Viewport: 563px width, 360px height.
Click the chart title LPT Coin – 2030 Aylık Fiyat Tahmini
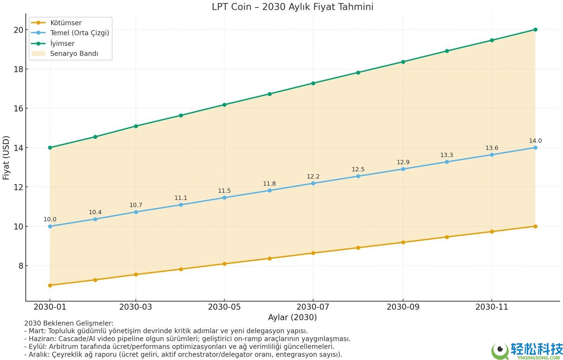pos(292,7)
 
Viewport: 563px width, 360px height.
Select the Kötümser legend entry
pos(65,23)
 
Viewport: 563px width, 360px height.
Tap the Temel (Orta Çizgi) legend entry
pos(79,33)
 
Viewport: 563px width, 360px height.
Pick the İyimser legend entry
pos(62,43)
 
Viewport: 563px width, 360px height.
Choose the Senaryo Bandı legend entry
pos(74,53)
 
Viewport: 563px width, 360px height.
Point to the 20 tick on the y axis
pos(18,30)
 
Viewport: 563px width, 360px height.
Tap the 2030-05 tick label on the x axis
pos(224,307)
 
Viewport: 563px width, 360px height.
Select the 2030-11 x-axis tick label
pos(492,307)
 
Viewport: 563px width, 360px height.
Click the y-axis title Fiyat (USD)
pos(6,157)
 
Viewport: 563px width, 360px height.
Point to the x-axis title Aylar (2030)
pos(292,317)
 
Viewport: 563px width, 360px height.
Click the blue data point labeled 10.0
pos(50,226)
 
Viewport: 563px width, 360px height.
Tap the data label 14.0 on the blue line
pos(535,141)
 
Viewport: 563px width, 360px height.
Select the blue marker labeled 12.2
pos(313,183)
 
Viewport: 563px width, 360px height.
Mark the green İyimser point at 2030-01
pos(50,148)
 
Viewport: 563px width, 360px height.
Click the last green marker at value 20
pos(535,30)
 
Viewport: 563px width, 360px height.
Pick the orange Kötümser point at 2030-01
pos(50,285)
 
